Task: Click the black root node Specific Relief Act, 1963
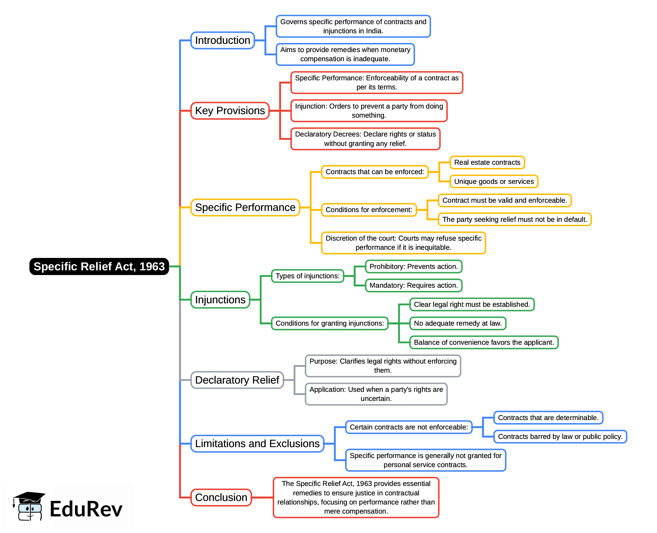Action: (99, 266)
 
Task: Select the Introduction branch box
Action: (222, 40)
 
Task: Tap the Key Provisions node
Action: (230, 111)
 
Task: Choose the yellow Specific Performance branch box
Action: (245, 208)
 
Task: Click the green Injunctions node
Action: (220, 300)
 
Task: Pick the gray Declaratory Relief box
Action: (237, 380)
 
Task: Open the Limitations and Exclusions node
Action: (257, 444)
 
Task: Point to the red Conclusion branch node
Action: (221, 497)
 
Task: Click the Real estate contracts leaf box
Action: (487, 162)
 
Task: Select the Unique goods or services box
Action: (494, 181)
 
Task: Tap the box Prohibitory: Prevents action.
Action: (413, 266)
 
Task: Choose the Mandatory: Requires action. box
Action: (413, 286)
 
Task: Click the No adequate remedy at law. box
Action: (458, 323)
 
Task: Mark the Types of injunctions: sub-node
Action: (307, 276)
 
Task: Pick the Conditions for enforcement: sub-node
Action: (369, 210)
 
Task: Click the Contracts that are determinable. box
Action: (548, 418)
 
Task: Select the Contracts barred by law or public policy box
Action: (560, 437)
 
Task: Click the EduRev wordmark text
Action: (86, 509)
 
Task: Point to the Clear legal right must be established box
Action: (472, 304)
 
